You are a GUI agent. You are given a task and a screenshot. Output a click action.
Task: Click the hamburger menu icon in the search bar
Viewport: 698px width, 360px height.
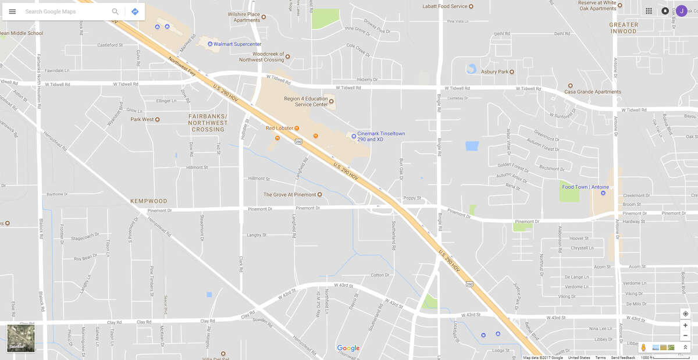pyautogui.click(x=12, y=12)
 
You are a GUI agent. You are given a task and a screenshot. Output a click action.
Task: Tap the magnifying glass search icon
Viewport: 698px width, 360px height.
pyautogui.click(x=115, y=12)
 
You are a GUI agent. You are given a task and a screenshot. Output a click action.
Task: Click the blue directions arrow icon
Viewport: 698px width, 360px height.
pyautogui.click(x=135, y=12)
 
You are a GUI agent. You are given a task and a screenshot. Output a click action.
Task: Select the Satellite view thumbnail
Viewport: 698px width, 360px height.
pyautogui.click(x=21, y=338)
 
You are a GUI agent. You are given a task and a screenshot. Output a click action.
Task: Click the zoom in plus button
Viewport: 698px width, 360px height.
pyautogui.click(x=685, y=325)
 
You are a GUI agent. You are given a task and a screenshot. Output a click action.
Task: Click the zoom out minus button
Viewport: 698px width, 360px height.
pyautogui.click(x=685, y=336)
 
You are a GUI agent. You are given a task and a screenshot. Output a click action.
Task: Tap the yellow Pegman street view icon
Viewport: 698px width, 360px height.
pyautogui.click(x=643, y=347)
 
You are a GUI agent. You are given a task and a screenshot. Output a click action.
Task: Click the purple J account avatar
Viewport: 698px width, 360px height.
pyautogui.click(x=681, y=11)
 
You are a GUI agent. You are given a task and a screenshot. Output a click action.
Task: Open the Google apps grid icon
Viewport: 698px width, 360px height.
pyautogui.click(x=649, y=11)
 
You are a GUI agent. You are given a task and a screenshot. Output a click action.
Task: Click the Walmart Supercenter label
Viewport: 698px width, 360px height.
pyautogui.click(x=237, y=44)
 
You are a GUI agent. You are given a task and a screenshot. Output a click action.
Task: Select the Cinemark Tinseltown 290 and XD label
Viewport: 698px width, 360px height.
pyautogui.click(x=381, y=136)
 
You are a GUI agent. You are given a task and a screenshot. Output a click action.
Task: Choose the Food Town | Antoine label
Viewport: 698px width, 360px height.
pyautogui.click(x=585, y=187)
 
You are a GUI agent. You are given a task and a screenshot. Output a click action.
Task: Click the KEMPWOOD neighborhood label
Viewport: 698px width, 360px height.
pyautogui.click(x=149, y=201)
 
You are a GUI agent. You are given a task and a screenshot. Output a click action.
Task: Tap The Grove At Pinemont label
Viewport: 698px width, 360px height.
pyautogui.click(x=289, y=195)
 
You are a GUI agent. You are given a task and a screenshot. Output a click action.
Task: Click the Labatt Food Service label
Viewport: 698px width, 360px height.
pyautogui.click(x=445, y=6)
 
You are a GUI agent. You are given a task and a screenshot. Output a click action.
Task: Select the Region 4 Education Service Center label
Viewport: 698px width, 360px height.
pyautogui.click(x=305, y=102)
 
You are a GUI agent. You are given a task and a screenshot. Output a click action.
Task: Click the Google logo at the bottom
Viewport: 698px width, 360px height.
pyautogui.click(x=348, y=348)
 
